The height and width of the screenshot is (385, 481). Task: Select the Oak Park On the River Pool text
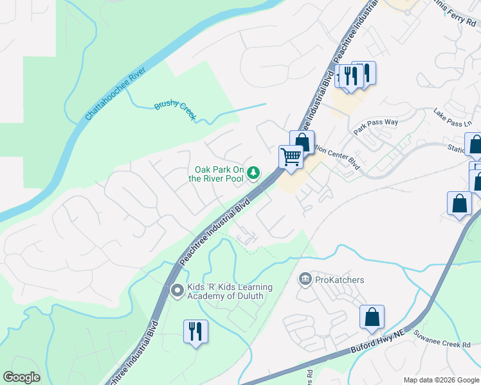[x=216, y=174]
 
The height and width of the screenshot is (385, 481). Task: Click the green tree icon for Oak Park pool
[x=254, y=172]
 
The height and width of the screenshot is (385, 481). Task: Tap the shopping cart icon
[x=291, y=156]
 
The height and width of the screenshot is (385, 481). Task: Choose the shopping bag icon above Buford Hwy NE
[x=372, y=316]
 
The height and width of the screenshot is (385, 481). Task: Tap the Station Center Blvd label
[x=339, y=152]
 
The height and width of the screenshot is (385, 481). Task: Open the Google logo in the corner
[x=21, y=377]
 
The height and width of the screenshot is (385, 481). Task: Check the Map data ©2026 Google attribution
[x=441, y=380]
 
